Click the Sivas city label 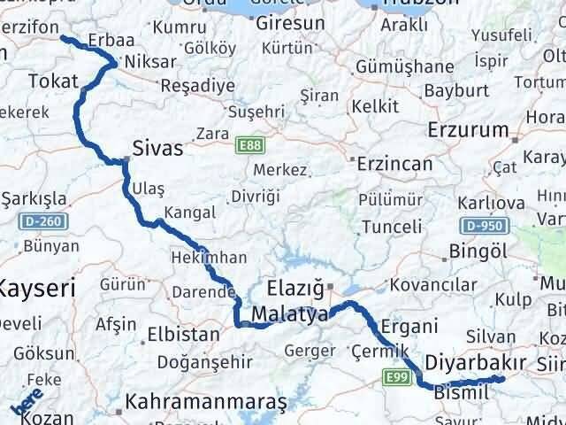tap(158, 148)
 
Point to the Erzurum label tap(467, 130)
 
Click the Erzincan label tap(394, 164)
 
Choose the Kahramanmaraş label tap(206, 401)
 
